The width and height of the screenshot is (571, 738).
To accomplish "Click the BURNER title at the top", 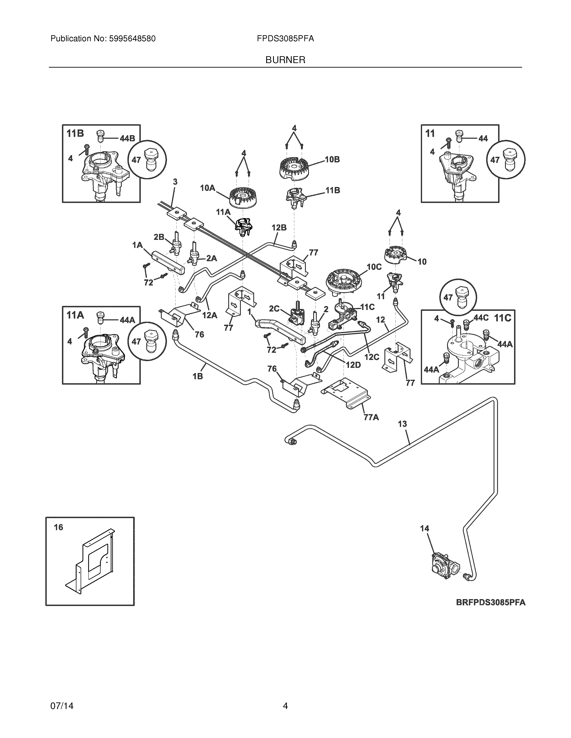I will [285, 60].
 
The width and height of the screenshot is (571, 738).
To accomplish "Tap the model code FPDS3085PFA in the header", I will [285, 39].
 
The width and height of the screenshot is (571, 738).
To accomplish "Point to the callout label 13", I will [402, 424].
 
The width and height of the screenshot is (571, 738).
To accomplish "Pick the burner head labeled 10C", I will [342, 280].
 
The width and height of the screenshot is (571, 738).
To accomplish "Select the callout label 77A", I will [371, 417].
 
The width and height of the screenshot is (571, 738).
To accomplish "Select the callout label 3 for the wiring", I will [175, 182].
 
